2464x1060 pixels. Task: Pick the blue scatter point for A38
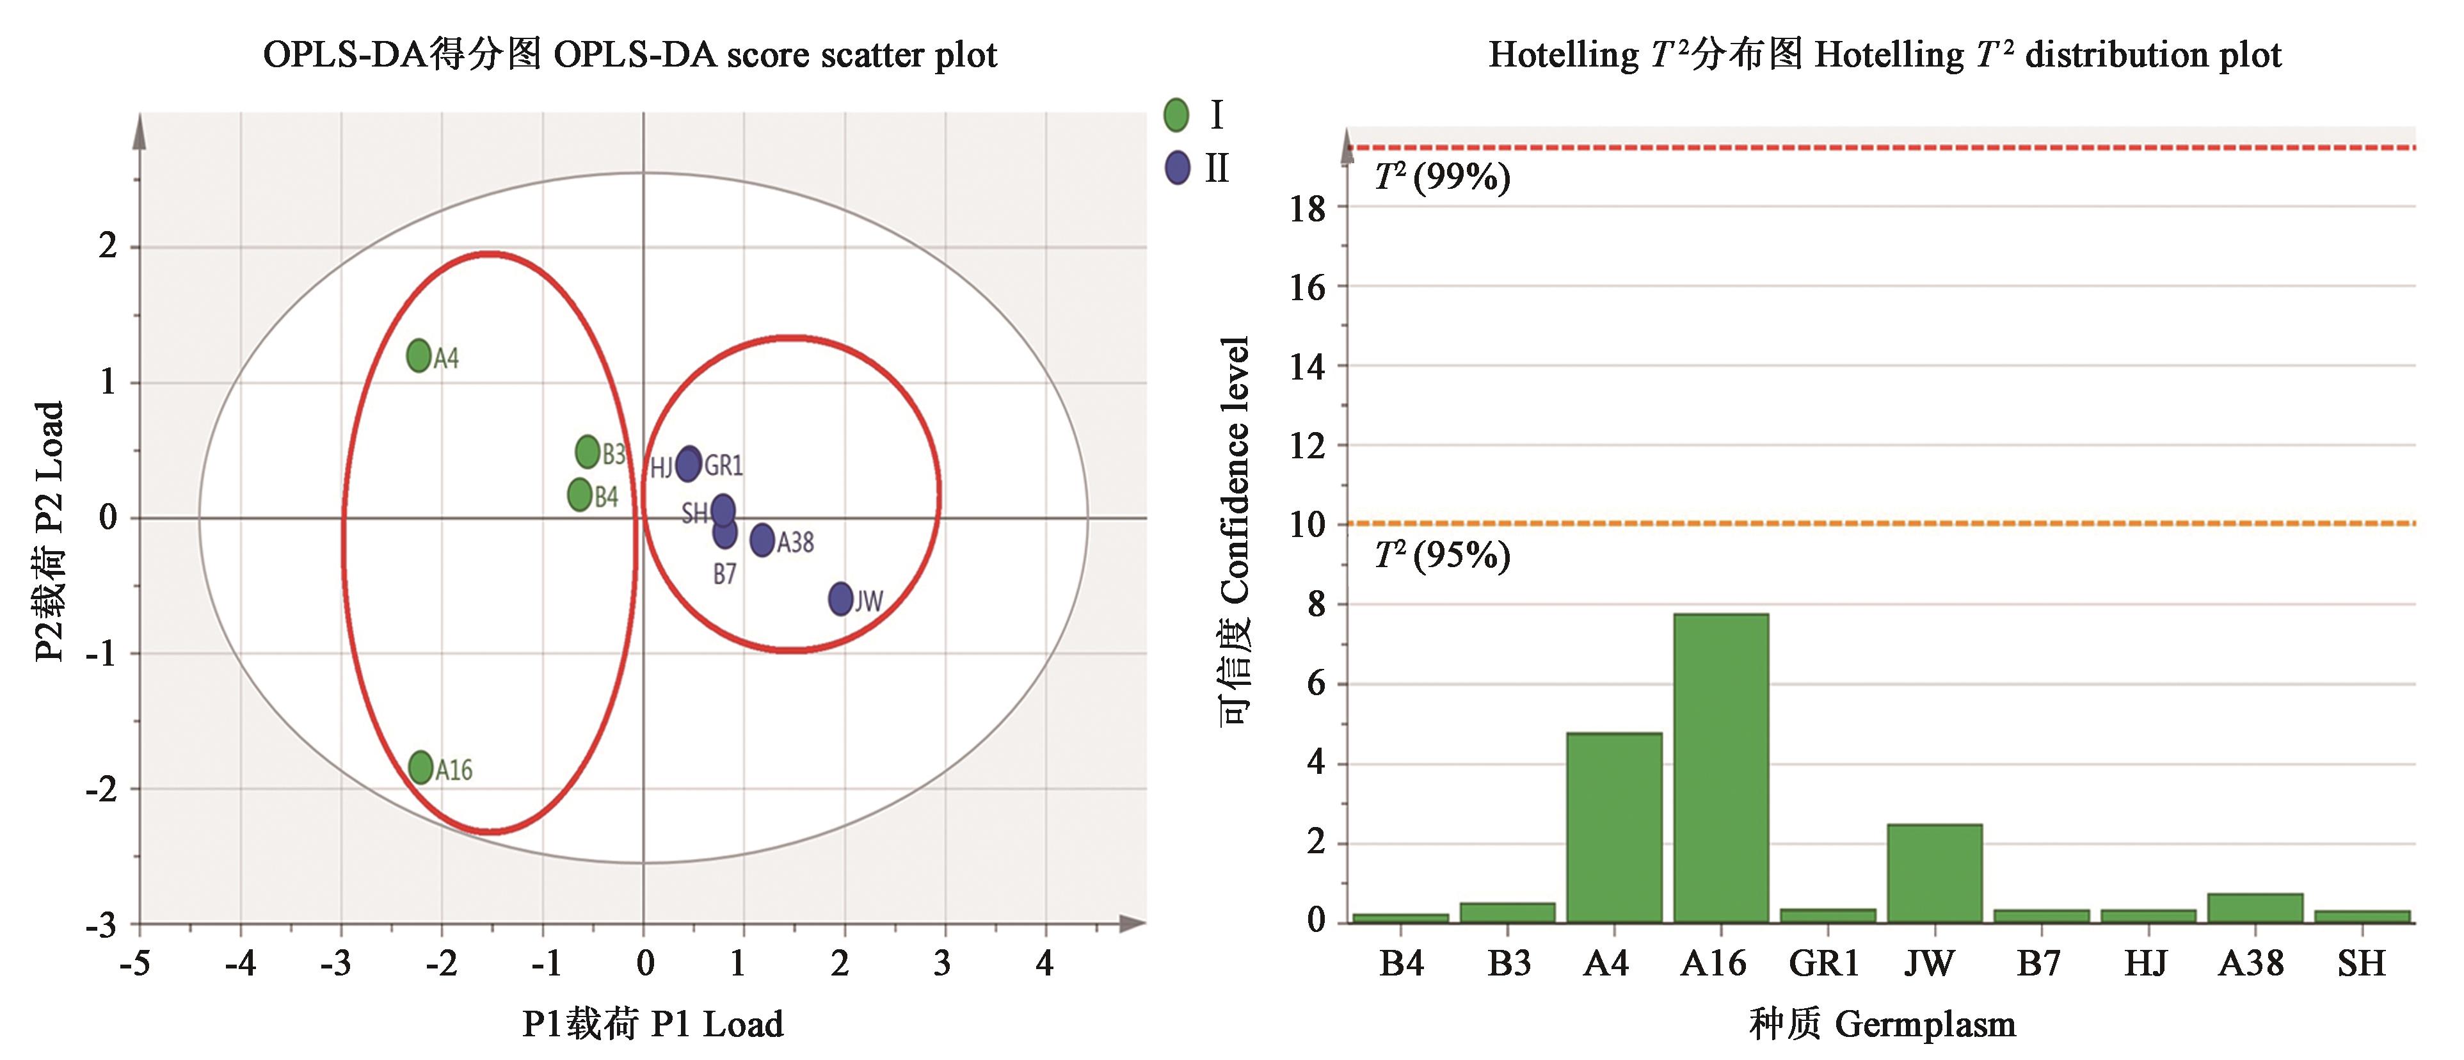click(x=762, y=540)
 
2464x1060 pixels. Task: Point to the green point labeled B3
click(x=588, y=451)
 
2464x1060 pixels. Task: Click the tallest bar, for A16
click(x=1721, y=768)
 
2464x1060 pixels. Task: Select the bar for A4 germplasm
click(x=1613, y=828)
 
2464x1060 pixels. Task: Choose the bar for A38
click(x=2255, y=908)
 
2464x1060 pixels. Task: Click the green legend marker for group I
click(x=1176, y=115)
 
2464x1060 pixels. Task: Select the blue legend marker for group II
click(x=1176, y=168)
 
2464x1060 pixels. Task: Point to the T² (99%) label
click(x=1441, y=178)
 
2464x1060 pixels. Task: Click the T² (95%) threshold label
click(x=1441, y=555)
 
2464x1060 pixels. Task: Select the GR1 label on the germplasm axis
click(x=1824, y=963)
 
